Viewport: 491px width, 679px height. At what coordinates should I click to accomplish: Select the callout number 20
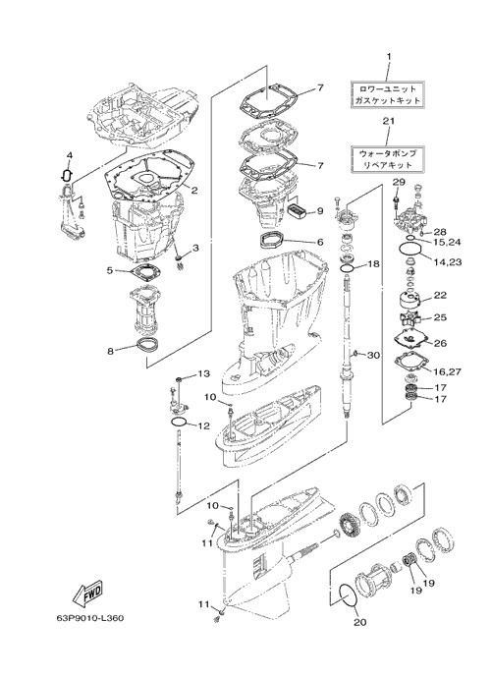(360, 622)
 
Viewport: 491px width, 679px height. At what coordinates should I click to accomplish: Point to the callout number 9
(320, 211)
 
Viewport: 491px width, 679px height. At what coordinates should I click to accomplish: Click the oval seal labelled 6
(273, 240)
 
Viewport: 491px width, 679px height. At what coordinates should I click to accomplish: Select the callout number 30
(373, 355)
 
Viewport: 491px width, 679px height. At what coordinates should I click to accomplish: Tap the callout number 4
(69, 155)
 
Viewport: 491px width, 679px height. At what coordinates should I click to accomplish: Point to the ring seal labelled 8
(147, 345)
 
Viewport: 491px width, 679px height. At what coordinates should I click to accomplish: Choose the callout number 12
(203, 425)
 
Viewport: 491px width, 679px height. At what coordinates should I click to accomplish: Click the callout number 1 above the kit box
(389, 56)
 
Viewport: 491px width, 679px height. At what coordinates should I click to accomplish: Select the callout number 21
(389, 121)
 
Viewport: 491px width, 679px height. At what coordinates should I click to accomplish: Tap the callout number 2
(194, 189)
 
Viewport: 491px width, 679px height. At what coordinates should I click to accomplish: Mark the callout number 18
(373, 263)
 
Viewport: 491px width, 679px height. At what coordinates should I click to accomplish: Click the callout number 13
(203, 373)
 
